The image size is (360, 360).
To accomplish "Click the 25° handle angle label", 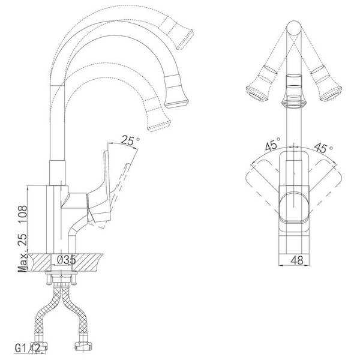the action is point(130,140).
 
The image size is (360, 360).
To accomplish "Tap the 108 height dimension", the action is point(23,214).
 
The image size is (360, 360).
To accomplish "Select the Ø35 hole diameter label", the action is point(66,260).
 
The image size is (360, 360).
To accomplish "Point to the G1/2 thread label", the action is point(28,348).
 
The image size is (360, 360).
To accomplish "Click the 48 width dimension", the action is point(296,260).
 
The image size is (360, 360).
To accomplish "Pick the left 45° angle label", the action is point(272,144).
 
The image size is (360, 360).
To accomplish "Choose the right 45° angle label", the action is point(323,148).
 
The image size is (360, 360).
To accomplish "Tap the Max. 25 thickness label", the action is point(23,253).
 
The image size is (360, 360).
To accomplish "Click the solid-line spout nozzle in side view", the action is point(176,92).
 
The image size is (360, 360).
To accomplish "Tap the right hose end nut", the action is point(83,345).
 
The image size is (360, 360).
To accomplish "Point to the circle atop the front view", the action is point(294,28).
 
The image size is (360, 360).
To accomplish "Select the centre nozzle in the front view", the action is point(294,91).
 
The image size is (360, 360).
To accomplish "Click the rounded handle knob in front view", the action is point(294,206).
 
